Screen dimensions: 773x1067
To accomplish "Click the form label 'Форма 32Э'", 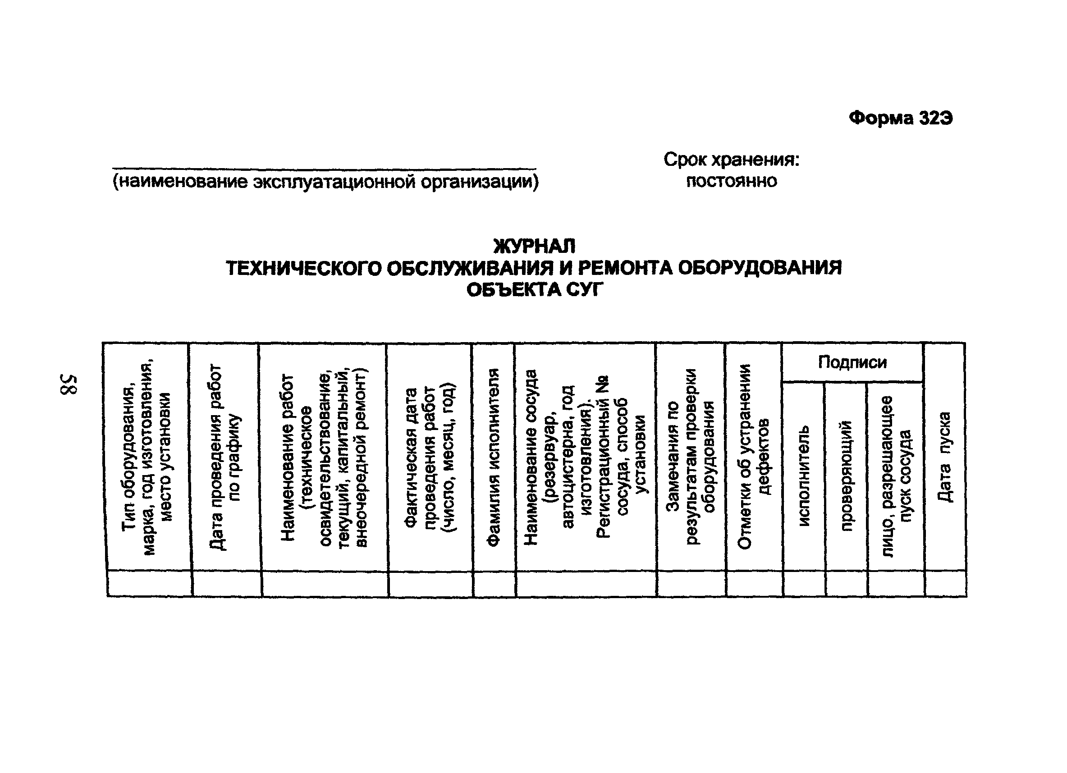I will pyautogui.click(x=901, y=118).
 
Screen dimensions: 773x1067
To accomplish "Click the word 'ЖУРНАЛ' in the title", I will pyautogui.click(x=534, y=246).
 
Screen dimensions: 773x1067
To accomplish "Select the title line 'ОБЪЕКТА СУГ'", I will pyautogui.click(x=534, y=290).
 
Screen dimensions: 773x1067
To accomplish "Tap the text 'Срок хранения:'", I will pyautogui.click(x=731, y=160).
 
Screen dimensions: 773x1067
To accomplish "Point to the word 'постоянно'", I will pyautogui.click(x=731, y=181).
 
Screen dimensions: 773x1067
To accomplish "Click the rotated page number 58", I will pyautogui.click(x=69, y=384).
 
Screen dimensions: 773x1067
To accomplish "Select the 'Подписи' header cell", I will pyautogui.click(x=852, y=362).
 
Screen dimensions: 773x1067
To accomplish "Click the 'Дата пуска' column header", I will pyautogui.click(x=944, y=457).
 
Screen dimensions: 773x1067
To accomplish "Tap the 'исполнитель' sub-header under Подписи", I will pyautogui.click(x=804, y=476).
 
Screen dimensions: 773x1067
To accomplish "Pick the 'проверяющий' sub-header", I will pyautogui.click(x=846, y=476).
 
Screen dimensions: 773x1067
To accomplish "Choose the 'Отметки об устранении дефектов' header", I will pyautogui.click(x=754, y=457).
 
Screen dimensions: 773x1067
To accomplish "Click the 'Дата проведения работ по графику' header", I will pyautogui.click(x=225, y=457).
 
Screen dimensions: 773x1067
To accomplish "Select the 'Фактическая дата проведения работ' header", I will pyautogui.click(x=430, y=457).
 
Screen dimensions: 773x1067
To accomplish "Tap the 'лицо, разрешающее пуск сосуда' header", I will pyautogui.click(x=895, y=476).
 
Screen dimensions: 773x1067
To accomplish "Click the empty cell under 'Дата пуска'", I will pyautogui.click(x=946, y=584).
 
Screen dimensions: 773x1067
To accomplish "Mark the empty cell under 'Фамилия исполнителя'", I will pyautogui.click(x=494, y=584).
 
